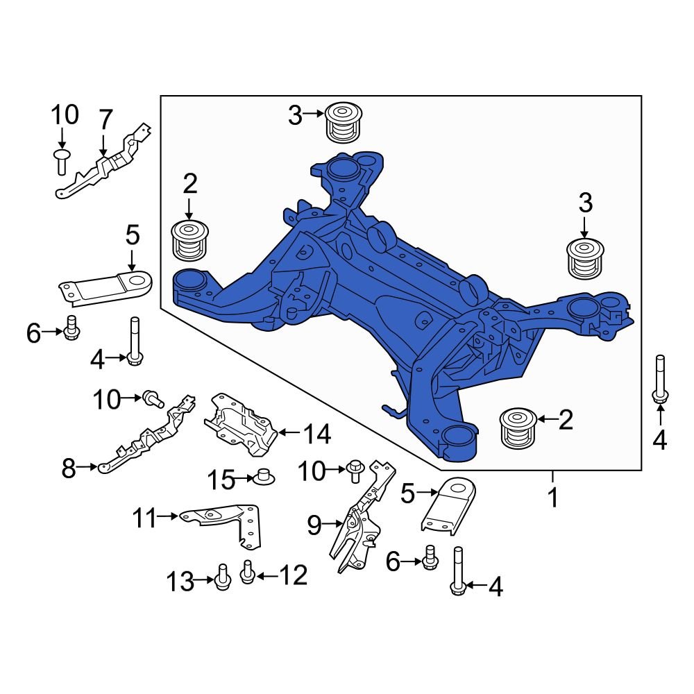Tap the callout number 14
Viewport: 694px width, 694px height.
(316, 435)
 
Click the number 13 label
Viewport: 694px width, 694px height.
(180, 582)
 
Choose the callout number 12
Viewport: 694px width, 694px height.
(292, 575)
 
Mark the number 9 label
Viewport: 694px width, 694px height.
(314, 526)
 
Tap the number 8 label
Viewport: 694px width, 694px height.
(68, 469)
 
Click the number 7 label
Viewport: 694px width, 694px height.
(104, 120)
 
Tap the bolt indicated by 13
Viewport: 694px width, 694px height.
(221, 577)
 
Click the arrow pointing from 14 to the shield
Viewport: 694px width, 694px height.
(288, 434)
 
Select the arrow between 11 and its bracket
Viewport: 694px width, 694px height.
(169, 516)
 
